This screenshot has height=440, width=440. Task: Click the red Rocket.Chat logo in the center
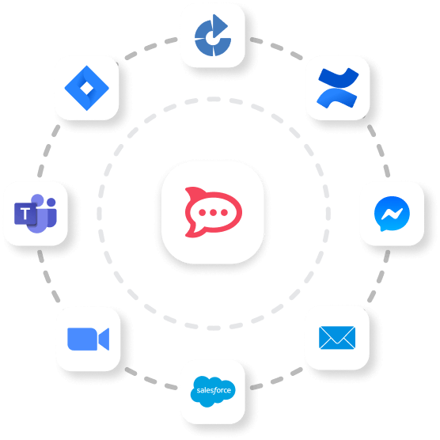coord(213,212)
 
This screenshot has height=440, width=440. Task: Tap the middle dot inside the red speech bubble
coord(213,213)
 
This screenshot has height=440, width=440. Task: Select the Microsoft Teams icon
coord(36,213)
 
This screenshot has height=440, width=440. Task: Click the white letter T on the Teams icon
coord(25,214)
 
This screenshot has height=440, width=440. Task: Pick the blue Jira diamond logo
coord(87,88)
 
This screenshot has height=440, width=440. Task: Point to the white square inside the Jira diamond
coord(87,89)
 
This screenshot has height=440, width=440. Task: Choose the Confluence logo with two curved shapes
coord(338,88)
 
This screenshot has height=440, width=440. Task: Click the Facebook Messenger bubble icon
coord(392,214)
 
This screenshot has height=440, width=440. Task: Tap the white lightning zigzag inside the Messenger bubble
coord(392,214)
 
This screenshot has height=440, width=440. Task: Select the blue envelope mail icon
coord(337,338)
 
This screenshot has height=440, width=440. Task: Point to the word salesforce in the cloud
coord(214,390)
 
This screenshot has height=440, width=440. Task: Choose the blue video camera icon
coord(88,339)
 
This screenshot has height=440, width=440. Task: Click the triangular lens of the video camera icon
coord(104,339)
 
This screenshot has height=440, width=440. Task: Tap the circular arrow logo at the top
coord(212,36)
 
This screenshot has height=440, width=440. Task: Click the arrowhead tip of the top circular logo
coord(227,26)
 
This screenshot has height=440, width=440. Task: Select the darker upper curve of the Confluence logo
coord(339,78)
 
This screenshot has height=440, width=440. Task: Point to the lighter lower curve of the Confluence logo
coord(336,98)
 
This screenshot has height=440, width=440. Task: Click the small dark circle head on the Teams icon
coord(51,202)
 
